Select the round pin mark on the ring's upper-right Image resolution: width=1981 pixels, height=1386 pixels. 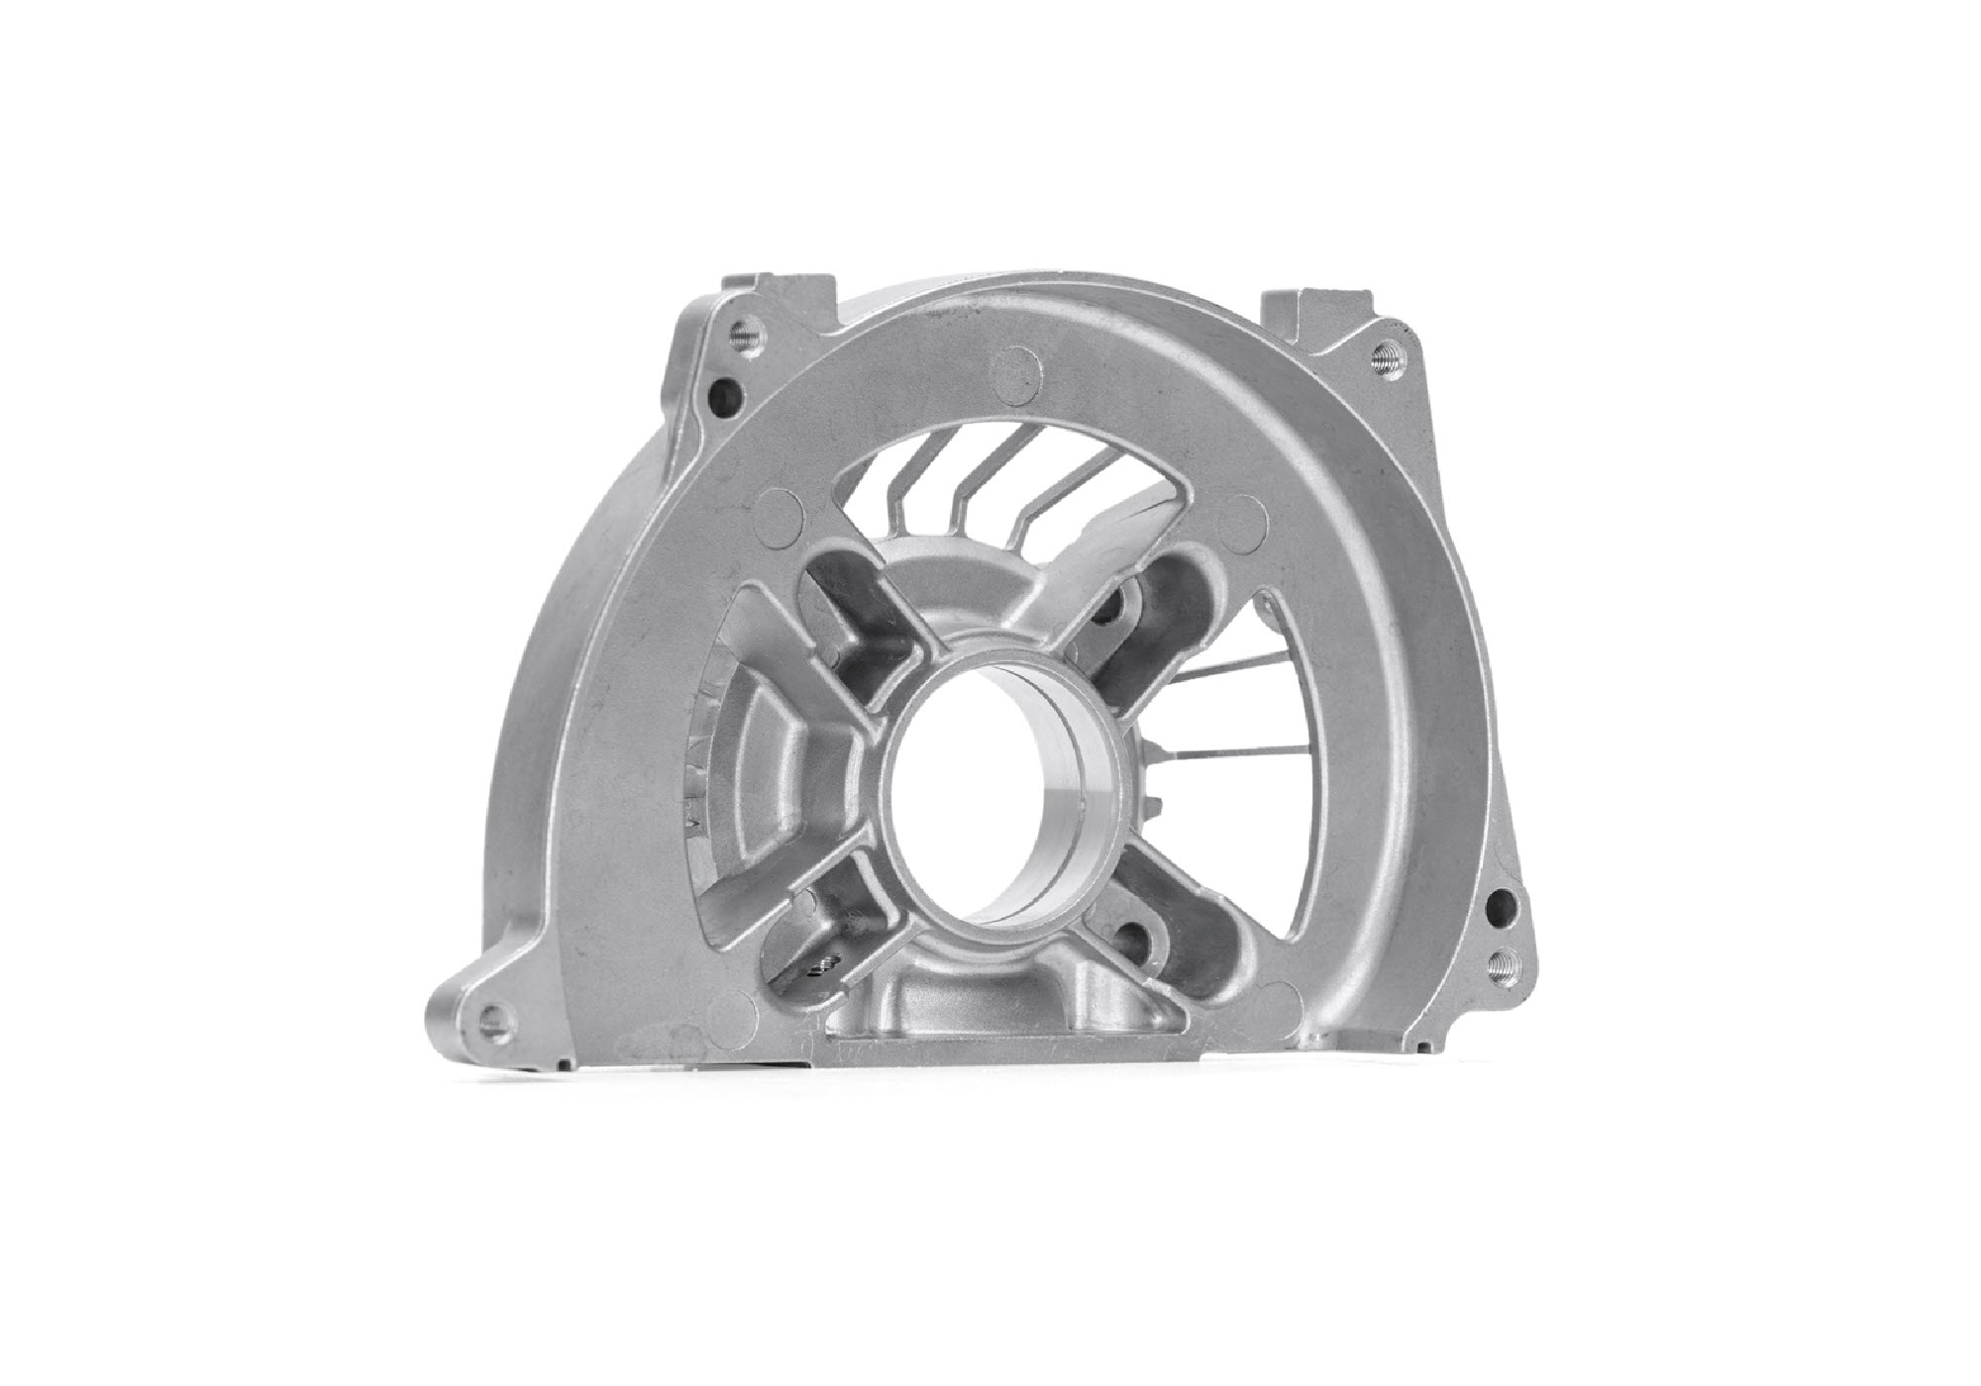pos(1246,519)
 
